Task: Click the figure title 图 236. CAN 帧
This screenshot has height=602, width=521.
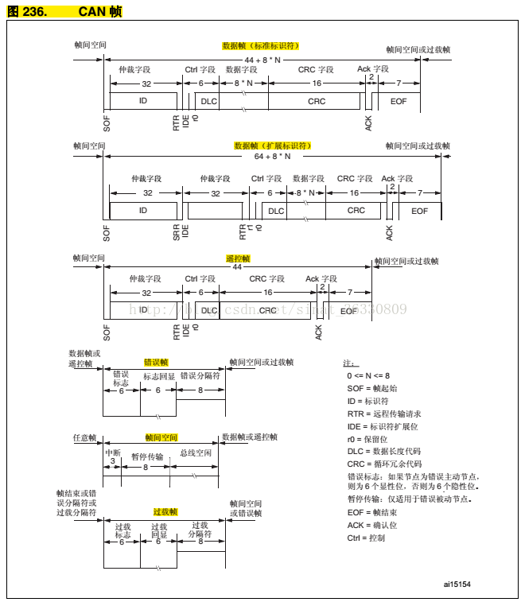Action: [x=64, y=12]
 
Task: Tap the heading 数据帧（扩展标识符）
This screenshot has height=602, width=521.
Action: [x=272, y=146]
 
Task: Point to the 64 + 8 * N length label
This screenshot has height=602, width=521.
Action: [x=273, y=157]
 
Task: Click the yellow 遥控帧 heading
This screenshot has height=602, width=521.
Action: [x=238, y=259]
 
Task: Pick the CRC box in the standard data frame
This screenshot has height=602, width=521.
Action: [x=317, y=101]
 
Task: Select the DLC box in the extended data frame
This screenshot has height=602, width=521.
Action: [x=276, y=211]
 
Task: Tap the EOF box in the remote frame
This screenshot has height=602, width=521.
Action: [x=349, y=311]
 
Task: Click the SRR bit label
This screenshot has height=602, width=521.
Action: [x=177, y=232]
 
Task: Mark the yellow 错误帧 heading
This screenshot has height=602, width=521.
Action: [x=156, y=363]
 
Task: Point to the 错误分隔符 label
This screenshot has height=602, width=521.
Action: [x=200, y=376]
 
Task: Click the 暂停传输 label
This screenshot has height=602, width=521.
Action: [x=147, y=456]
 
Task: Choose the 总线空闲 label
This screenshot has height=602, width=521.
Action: [x=195, y=453]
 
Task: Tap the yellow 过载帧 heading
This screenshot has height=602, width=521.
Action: [x=165, y=512]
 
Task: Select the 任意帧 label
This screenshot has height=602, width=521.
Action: [x=84, y=438]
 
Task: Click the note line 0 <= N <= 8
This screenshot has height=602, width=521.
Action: [x=368, y=375]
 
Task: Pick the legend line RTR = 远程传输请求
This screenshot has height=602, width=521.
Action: [x=384, y=414]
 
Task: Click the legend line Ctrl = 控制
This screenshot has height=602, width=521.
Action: [x=366, y=538]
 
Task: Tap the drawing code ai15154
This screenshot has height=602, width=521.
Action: [x=457, y=584]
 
